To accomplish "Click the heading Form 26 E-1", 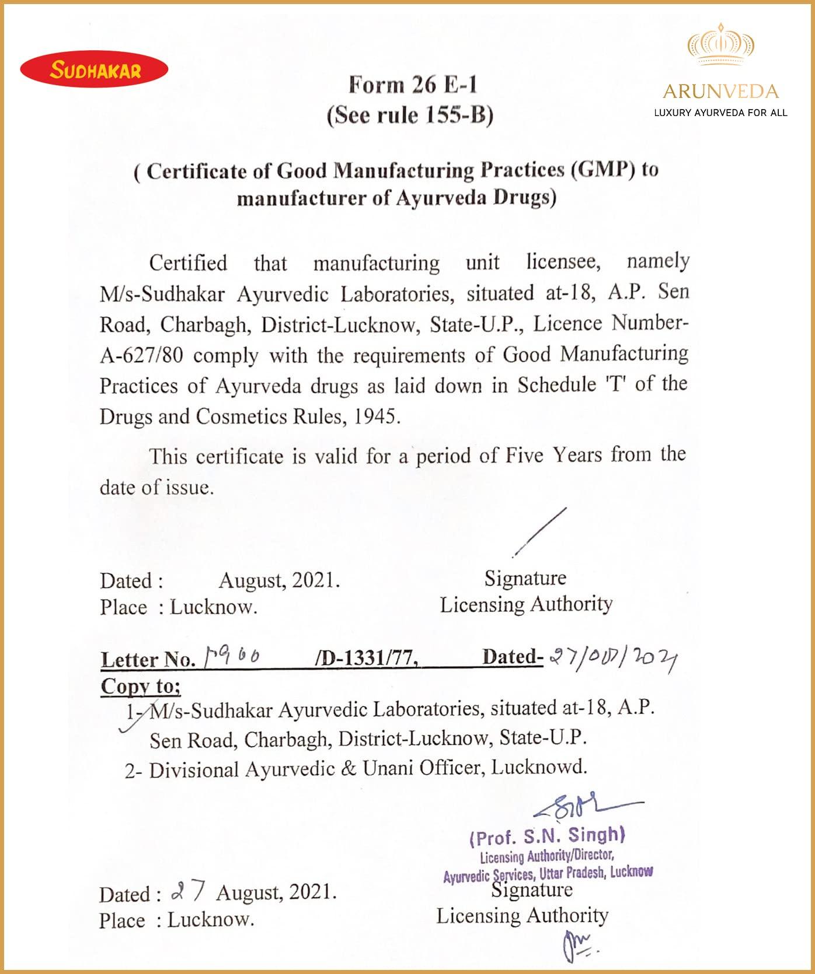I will click(x=413, y=85).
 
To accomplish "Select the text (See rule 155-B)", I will click(x=410, y=115).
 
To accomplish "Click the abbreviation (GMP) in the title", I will click(x=603, y=170).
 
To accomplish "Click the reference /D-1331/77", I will click(x=366, y=658).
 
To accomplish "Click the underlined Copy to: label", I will click(x=141, y=686).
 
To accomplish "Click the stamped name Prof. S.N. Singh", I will click(x=547, y=837).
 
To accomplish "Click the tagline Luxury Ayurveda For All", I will click(x=720, y=113).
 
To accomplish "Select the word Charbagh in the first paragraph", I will click(x=203, y=324).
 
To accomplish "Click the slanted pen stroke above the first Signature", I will click(x=541, y=532).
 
